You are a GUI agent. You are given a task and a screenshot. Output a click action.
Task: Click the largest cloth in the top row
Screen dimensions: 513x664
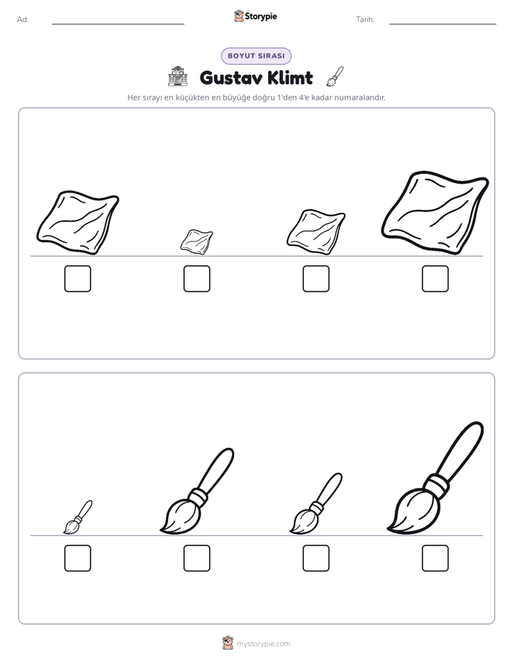coord(435,213)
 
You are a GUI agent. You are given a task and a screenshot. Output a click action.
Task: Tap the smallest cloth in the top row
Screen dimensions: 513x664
coord(197,241)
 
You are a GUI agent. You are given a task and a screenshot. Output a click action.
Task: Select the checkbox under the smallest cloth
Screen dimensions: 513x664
coord(197,279)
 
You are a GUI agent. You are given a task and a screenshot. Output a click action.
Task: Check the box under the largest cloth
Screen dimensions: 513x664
coord(435,279)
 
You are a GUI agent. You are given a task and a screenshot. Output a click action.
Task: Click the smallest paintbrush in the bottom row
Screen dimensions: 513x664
coord(78,517)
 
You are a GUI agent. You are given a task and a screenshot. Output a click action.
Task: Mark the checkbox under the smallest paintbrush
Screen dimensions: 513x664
coord(78,558)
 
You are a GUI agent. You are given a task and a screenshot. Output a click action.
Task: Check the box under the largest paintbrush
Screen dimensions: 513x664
coord(435,558)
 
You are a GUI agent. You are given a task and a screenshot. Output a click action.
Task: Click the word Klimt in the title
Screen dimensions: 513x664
coord(290,78)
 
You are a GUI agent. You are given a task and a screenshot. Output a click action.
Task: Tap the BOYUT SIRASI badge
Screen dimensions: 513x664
coord(256,56)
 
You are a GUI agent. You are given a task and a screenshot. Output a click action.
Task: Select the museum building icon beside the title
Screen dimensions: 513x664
coord(177,76)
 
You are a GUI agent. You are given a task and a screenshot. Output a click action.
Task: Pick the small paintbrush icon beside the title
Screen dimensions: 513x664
coord(336,76)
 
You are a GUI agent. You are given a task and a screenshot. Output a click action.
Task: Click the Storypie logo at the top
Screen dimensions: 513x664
coord(255,16)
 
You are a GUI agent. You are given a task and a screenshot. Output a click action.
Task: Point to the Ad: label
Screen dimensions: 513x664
coord(23,19)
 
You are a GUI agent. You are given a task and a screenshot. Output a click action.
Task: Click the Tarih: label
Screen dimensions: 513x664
coord(365,19)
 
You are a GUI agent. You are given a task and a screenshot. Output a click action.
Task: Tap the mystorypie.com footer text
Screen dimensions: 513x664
coord(263,644)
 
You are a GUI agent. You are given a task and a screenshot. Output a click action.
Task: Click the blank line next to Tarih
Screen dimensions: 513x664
coord(443,24)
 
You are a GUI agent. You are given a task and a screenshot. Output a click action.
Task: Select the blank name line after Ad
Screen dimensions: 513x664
coord(118,24)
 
